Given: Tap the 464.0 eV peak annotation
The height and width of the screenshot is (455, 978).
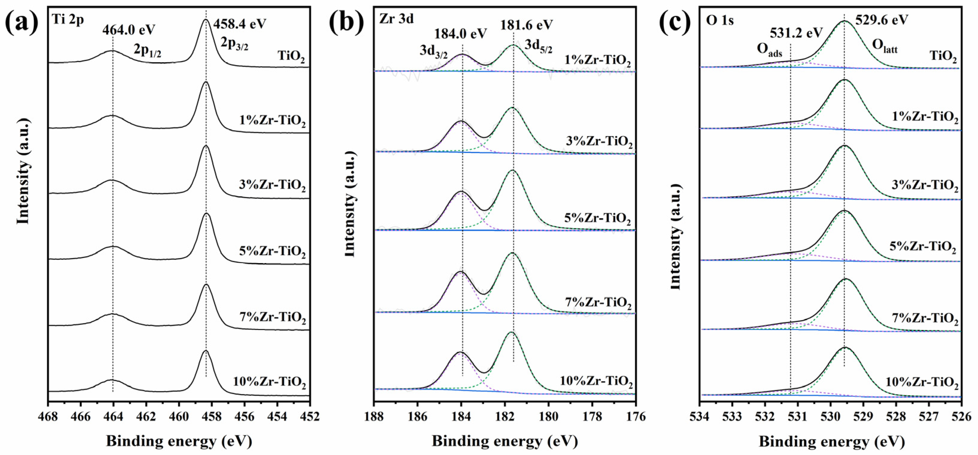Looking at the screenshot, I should point(129,30).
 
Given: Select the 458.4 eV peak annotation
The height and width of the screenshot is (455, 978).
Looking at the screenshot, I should point(240,24).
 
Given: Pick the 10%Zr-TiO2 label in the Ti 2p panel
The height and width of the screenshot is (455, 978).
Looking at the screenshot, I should point(269,382).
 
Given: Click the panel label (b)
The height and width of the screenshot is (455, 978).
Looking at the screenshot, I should point(346,22).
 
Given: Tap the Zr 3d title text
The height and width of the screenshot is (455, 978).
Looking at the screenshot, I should point(396,19).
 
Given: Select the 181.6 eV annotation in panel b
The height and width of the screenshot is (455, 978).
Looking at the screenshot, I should point(526,25).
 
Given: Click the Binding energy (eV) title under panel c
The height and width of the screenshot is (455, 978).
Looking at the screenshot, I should point(831,441).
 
